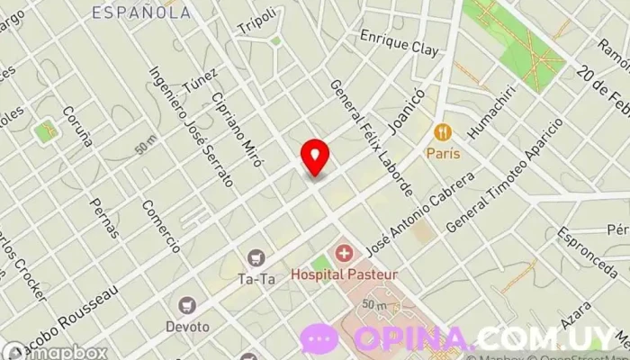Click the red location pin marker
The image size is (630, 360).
[x=315, y=157]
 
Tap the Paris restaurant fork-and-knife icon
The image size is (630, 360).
[x=443, y=132]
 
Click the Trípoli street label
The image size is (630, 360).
[x=255, y=22]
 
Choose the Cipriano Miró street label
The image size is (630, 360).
[x=237, y=130]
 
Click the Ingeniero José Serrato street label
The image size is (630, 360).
[x=192, y=126]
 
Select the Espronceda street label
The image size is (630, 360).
[x=587, y=242]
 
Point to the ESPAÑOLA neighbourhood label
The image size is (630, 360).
[x=142, y=13]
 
